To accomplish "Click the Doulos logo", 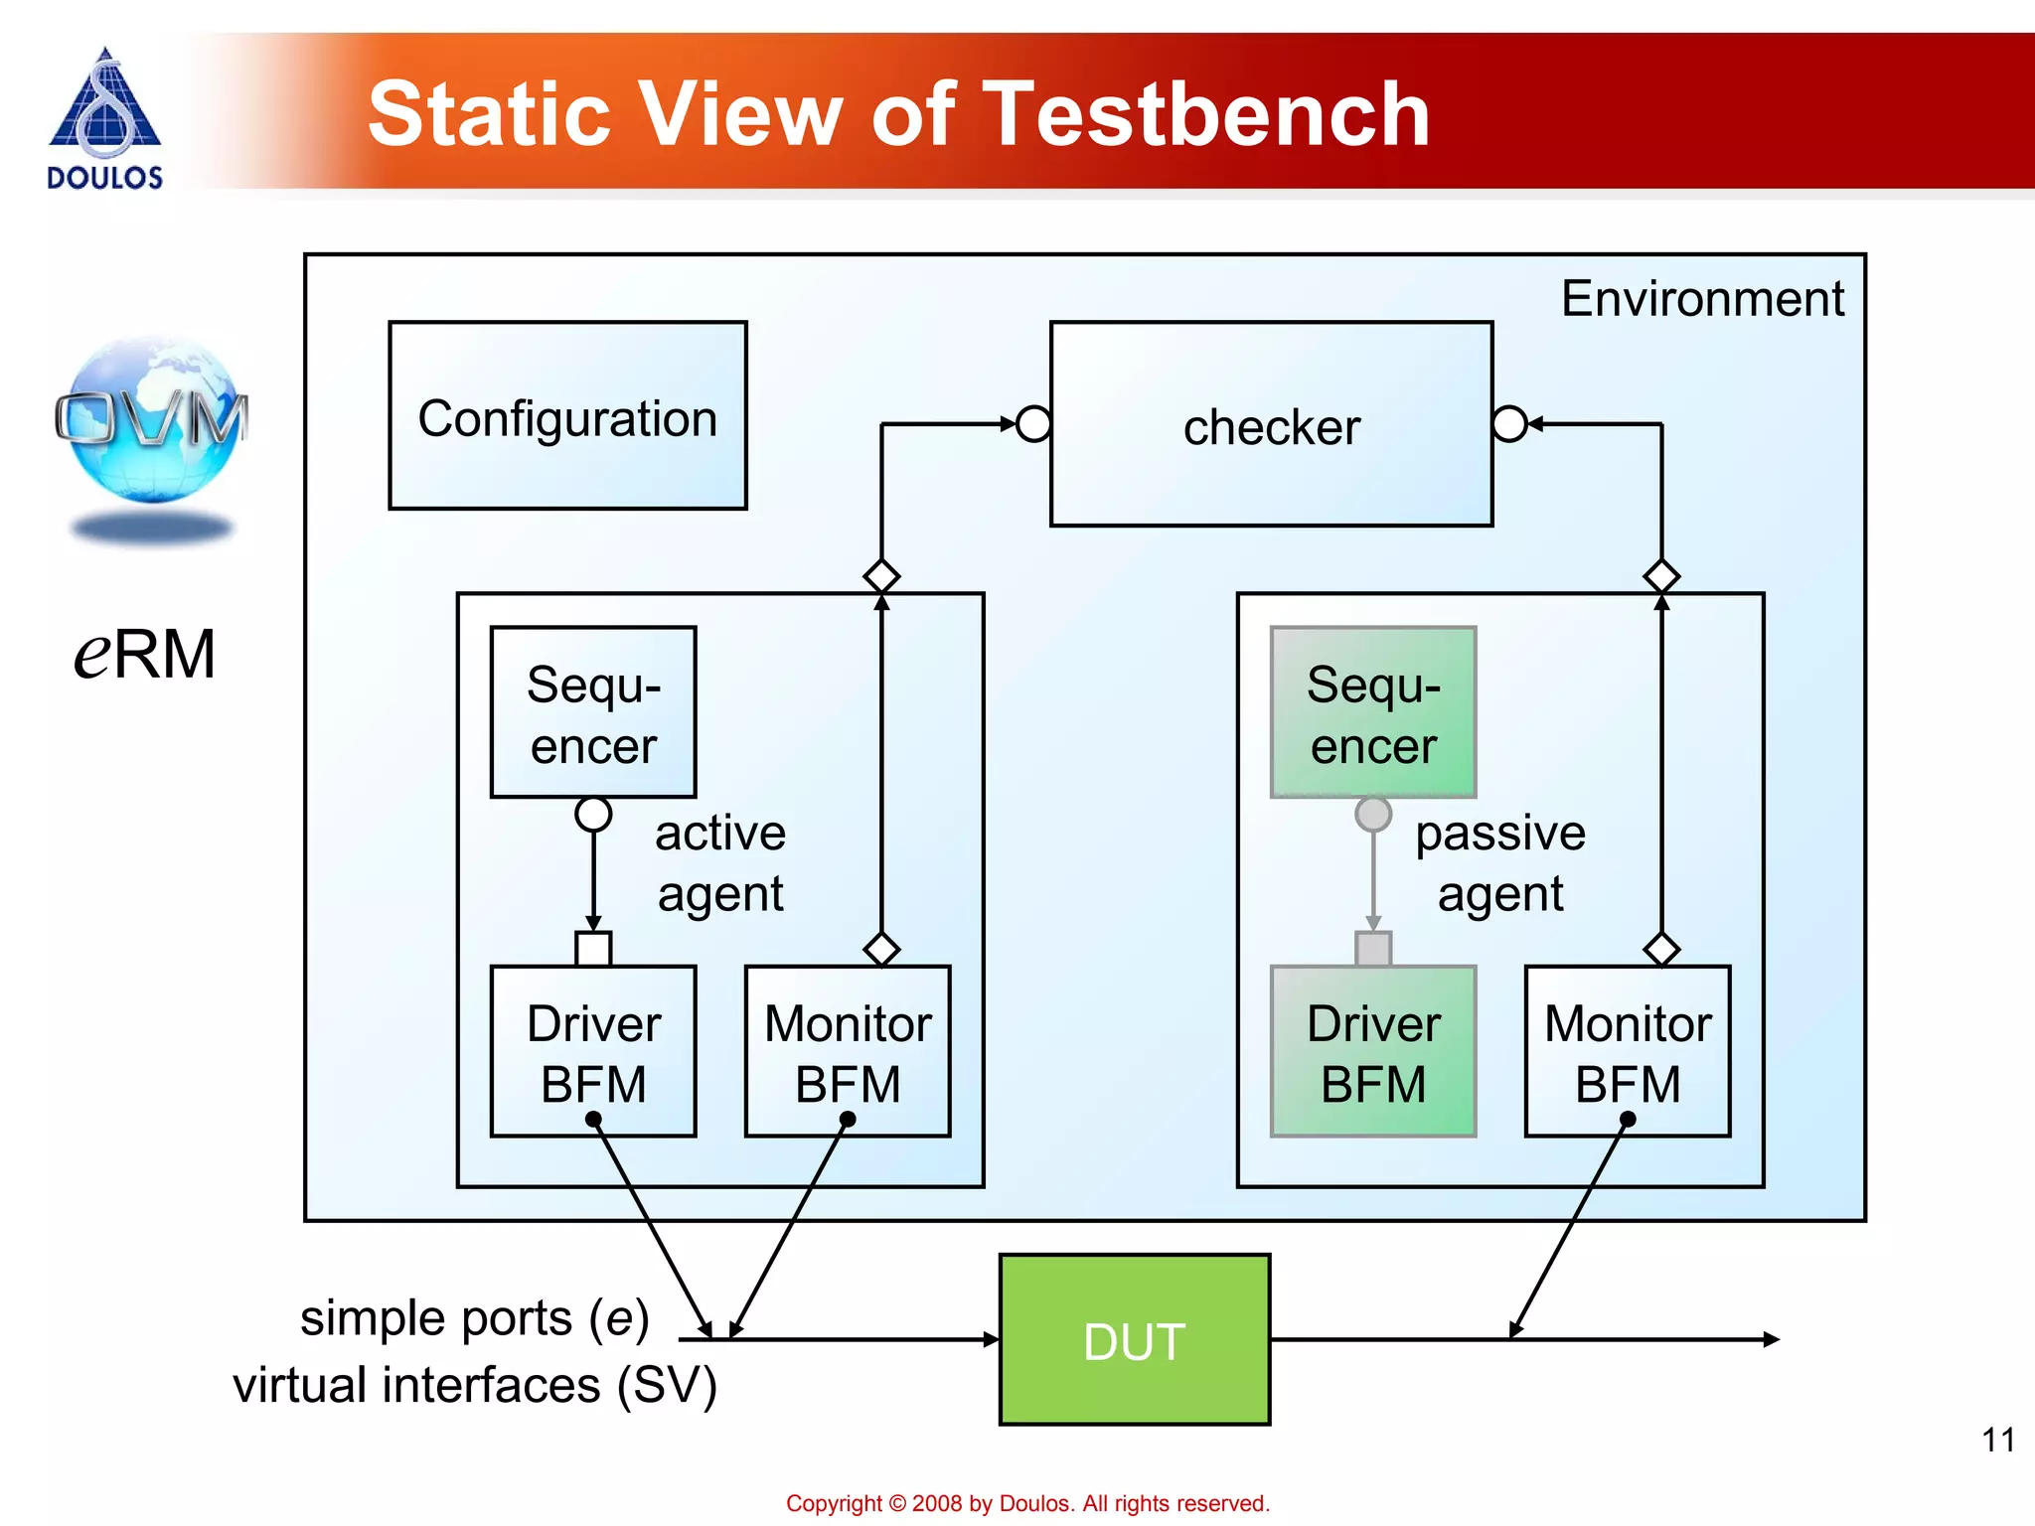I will [x=104, y=117].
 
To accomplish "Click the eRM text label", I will [x=145, y=655].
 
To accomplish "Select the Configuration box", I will [x=567, y=416].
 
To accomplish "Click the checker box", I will [x=1271, y=425].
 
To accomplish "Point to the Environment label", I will [x=1701, y=299].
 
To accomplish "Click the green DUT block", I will [x=1134, y=1340].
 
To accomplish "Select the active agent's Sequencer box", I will [x=593, y=712].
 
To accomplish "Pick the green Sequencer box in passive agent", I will [x=1373, y=712].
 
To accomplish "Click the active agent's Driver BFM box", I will [x=593, y=1051].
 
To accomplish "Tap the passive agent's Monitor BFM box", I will [x=1628, y=1051].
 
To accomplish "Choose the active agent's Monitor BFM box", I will [x=848, y=1051].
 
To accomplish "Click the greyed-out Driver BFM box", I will [x=1373, y=1051].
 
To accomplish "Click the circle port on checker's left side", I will [x=1034, y=424].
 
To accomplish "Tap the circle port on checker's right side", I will [x=1508, y=424].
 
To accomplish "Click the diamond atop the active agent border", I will [x=881, y=576].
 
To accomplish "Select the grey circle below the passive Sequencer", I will [x=1373, y=814].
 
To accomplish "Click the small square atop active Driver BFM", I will [x=593, y=949].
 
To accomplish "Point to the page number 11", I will [x=1997, y=1440].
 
